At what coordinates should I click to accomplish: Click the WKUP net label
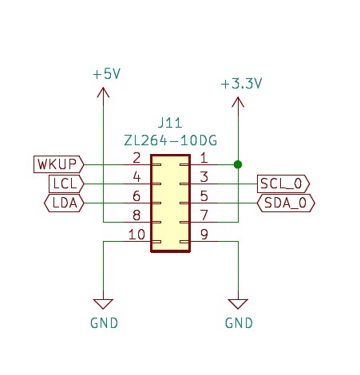click(59, 164)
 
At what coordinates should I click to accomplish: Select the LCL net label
click(66, 184)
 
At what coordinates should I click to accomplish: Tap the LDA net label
click(64, 203)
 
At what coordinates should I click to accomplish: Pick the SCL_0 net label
click(283, 184)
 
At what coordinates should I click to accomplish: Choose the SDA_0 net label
click(286, 203)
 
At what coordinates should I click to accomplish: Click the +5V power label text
click(107, 73)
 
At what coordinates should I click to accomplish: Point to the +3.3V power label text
click(241, 84)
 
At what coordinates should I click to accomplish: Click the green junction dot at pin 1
click(238, 164)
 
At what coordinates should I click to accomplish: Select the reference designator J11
click(170, 123)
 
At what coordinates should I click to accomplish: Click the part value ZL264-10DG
click(171, 140)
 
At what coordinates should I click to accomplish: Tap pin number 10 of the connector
click(136, 235)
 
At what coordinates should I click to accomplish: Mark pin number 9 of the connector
click(204, 235)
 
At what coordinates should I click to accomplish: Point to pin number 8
click(136, 215)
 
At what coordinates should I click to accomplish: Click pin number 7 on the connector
click(204, 215)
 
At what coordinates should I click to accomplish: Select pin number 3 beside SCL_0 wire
click(204, 177)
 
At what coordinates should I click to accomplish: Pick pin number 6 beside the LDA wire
click(136, 196)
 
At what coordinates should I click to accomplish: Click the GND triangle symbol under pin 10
click(103, 304)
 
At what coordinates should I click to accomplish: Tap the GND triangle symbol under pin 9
click(238, 304)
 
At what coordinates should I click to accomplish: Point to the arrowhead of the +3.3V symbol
click(238, 102)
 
